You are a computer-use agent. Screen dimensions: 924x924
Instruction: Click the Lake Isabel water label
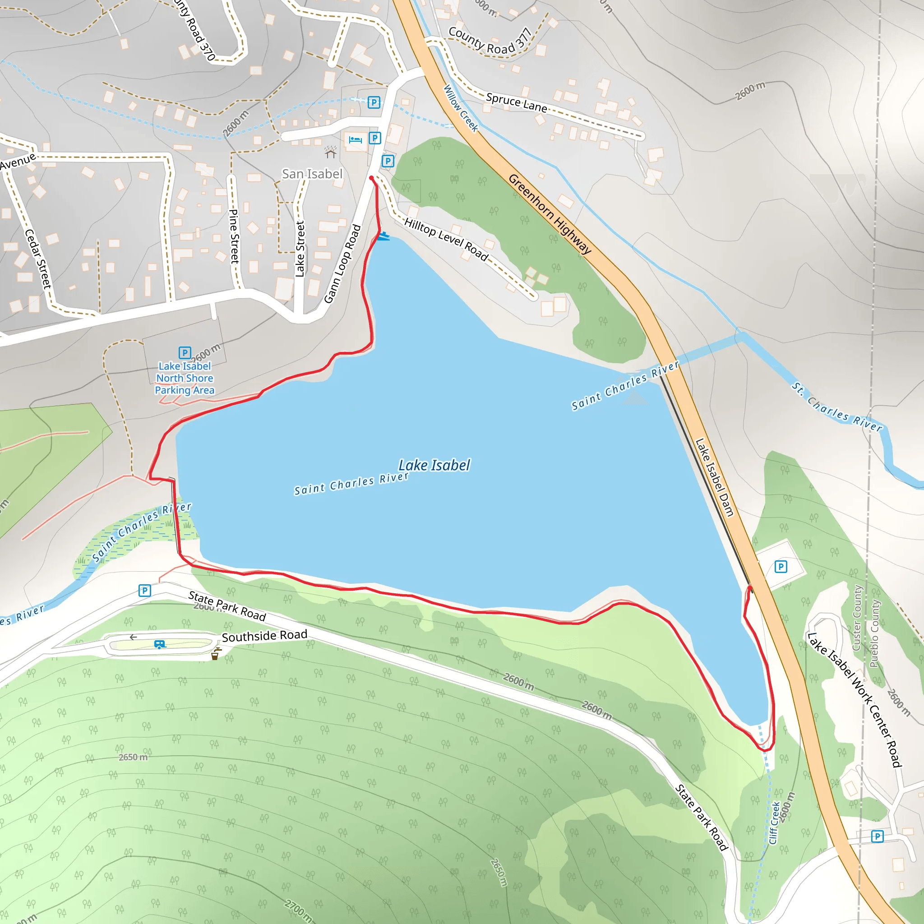pos(434,465)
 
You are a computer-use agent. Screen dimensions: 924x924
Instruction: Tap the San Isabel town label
pos(312,174)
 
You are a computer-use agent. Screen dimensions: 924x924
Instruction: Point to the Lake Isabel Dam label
pos(714,477)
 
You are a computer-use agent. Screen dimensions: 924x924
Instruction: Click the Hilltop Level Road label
pos(446,239)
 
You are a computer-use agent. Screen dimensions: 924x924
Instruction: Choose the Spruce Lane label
pos(517,102)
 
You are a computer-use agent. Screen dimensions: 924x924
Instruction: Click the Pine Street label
pos(234,236)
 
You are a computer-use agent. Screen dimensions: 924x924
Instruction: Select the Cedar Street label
pos(38,258)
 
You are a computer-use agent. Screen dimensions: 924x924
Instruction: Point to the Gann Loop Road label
pos(342,263)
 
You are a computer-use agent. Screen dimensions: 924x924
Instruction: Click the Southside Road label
pos(264,636)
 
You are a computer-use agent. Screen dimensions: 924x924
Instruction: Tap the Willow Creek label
pos(461,108)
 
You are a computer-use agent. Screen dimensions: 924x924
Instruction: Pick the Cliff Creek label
pos(774,822)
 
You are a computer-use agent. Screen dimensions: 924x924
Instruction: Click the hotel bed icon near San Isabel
pos(356,140)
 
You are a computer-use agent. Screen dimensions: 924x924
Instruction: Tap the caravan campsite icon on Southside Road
pos(160,644)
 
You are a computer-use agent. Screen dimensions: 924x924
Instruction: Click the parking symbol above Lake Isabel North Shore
pos(185,352)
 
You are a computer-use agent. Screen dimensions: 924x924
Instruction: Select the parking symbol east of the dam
pos(781,567)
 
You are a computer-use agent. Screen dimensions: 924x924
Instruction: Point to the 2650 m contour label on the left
pos(133,757)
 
